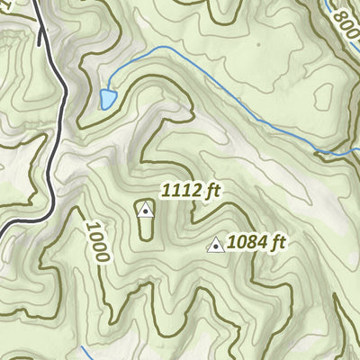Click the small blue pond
click(x=108, y=97)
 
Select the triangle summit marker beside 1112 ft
click(x=145, y=209)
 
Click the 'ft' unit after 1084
click(x=277, y=242)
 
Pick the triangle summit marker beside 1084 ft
click(x=215, y=245)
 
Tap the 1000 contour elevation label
click(x=98, y=239)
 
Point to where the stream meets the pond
click(x=114, y=90)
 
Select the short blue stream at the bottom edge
click(x=85, y=353)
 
